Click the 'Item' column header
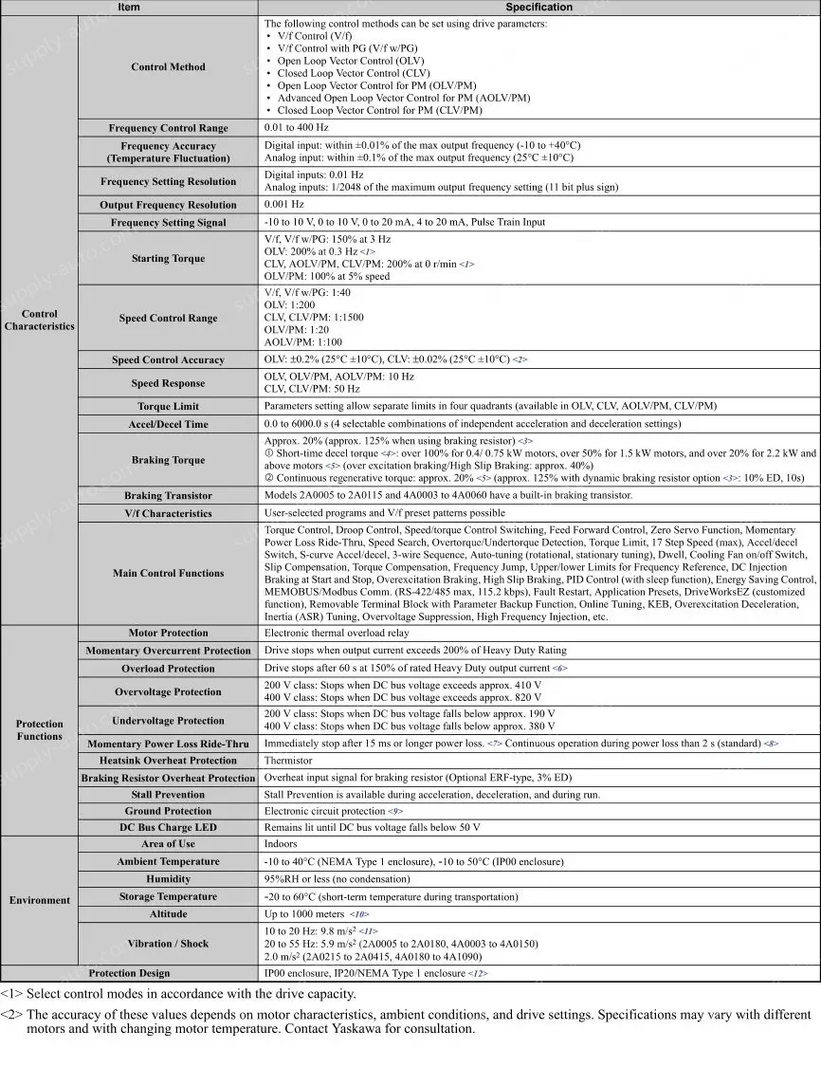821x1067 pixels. click(129, 7)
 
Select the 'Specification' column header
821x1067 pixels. click(538, 7)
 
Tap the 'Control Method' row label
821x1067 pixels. click(168, 67)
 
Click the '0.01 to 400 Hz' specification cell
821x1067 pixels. click(297, 128)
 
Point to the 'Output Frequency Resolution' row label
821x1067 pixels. click(168, 205)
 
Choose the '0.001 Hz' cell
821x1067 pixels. click(284, 205)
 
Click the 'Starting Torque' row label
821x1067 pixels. click(168, 258)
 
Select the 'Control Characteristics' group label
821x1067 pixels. click(39, 320)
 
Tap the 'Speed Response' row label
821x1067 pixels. click(168, 383)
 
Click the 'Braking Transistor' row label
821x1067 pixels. click(168, 496)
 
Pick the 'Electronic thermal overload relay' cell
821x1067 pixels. click(337, 633)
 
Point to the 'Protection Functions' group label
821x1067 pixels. click(39, 729)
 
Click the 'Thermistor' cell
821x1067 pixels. click(288, 761)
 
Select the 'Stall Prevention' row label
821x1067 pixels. click(168, 795)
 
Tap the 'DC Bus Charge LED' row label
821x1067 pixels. click(168, 827)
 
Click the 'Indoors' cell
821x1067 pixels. click(281, 844)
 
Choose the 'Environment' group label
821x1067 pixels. click(39, 900)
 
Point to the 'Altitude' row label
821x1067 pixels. click(168, 914)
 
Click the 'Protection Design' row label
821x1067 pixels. click(129, 973)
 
